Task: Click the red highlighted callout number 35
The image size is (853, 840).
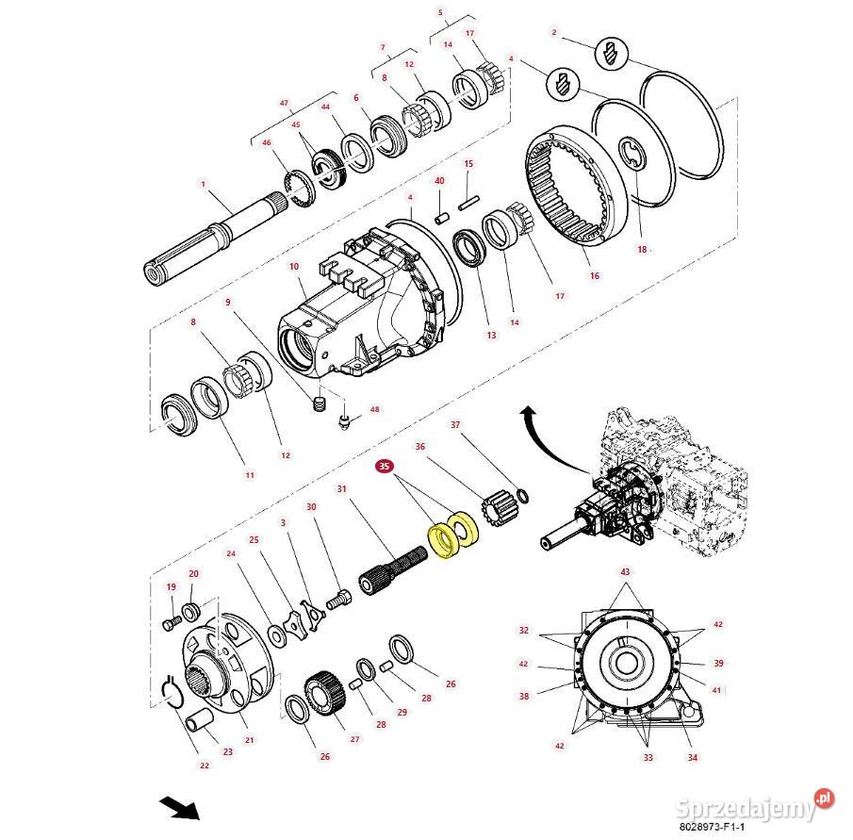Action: coord(384,466)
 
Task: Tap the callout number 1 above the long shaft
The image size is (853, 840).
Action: coord(202,183)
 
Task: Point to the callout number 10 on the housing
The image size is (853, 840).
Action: coord(293,268)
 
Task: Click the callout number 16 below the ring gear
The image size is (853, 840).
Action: coord(594,276)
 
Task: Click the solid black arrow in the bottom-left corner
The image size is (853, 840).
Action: coord(178,808)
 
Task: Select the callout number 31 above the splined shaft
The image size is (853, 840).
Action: coord(342,488)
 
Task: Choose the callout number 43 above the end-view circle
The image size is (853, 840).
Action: coord(624,572)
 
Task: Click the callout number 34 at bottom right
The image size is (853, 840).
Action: coord(693,757)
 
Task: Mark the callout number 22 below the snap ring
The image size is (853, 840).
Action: coord(205,766)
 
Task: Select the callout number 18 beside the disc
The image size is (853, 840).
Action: coord(643,250)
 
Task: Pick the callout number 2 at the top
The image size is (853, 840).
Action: coord(554,32)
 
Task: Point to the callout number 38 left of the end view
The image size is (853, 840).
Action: coord(524,697)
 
